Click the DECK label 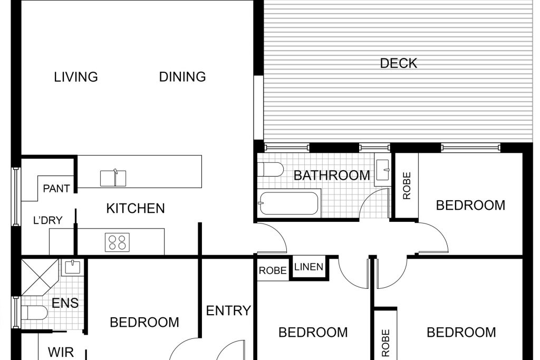coord(399,63)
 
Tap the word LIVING coord(76,77)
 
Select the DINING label coord(182,77)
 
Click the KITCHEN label coord(136,208)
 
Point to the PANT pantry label coord(56,189)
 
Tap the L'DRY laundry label coord(48,220)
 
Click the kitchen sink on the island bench coord(113,178)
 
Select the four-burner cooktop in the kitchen coord(118,242)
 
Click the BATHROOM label coord(332,176)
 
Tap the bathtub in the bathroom coord(289,203)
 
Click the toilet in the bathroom coord(271,169)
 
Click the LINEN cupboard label coord(309,267)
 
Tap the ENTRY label coord(228,311)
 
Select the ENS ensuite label coord(65,303)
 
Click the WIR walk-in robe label coord(61,352)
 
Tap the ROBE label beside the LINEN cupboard coord(273,270)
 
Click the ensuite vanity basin coord(72,267)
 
